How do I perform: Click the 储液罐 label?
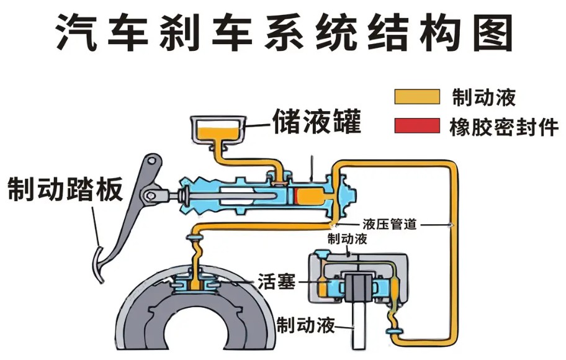coord(317,121)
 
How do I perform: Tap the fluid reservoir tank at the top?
coord(218,130)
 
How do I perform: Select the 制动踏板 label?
coord(65,189)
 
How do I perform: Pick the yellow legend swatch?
coord(417,97)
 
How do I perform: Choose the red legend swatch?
coord(417,125)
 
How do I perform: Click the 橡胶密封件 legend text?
coord(504,127)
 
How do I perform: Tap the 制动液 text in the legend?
coord(483,97)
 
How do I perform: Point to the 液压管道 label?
coord(390,224)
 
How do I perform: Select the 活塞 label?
coord(277,281)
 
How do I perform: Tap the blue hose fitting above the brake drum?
coord(195,237)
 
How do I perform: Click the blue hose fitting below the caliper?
coord(394,331)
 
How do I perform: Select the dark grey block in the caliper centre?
coord(359,287)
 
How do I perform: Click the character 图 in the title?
coord(493,32)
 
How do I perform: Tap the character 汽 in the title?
coord(76,32)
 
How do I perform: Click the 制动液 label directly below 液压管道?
coord(347,239)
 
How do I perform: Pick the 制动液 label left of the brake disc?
coord(305,325)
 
